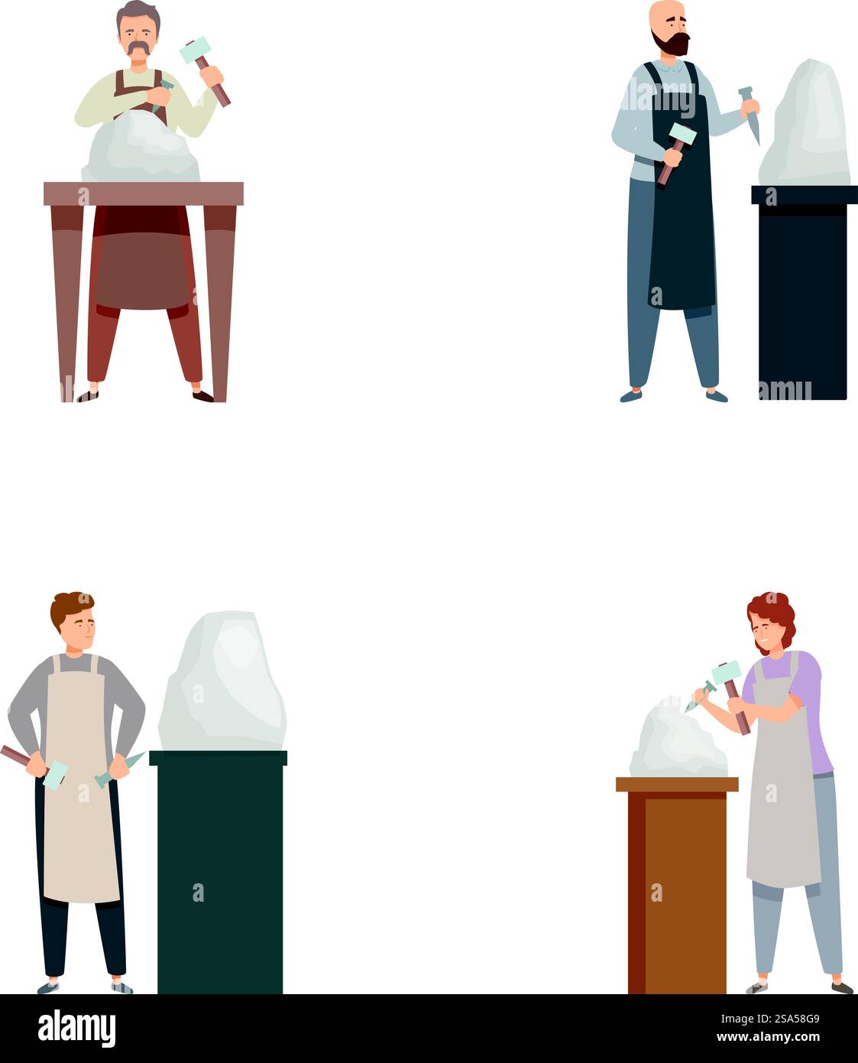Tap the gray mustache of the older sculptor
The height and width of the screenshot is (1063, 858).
(138, 48)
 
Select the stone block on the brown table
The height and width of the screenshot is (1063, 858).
(141, 147)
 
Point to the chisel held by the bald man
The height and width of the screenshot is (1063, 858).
(750, 114)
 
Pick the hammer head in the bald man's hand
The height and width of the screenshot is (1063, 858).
(682, 135)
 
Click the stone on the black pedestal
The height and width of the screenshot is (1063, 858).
(805, 123)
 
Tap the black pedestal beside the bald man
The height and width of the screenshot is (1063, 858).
(804, 292)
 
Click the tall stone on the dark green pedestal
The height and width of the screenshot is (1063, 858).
(222, 681)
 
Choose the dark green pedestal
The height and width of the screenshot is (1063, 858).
(219, 872)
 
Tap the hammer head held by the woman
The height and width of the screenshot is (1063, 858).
(726, 673)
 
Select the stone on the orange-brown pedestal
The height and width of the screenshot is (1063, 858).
(678, 739)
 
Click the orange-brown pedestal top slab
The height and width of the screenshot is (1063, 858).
(677, 785)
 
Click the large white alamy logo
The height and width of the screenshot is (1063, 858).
(76, 1028)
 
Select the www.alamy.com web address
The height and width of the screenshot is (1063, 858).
(768, 1037)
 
